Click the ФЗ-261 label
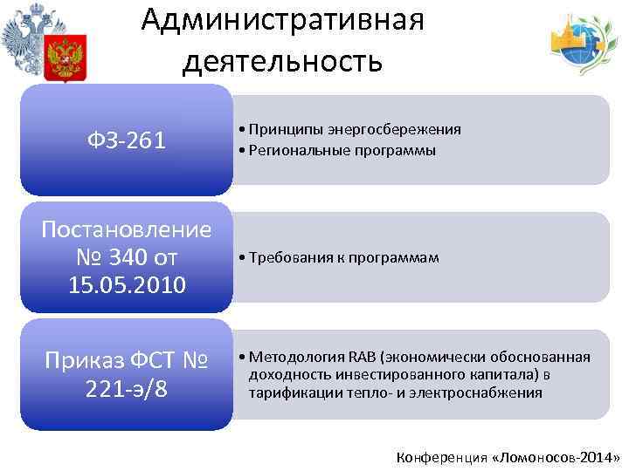tap(127, 140)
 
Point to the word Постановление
tap(127, 230)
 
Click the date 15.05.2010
tap(127, 285)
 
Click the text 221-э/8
tap(127, 388)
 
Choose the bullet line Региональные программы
tap(342, 150)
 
